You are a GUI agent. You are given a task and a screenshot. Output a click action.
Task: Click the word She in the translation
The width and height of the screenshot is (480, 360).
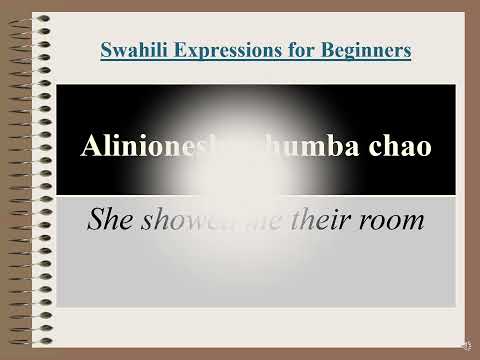110,219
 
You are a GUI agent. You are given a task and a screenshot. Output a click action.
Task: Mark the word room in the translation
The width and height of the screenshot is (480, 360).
393,219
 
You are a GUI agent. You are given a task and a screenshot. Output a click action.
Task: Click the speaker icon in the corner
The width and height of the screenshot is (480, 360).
465,344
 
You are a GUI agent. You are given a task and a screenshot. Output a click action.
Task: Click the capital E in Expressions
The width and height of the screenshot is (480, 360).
174,49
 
